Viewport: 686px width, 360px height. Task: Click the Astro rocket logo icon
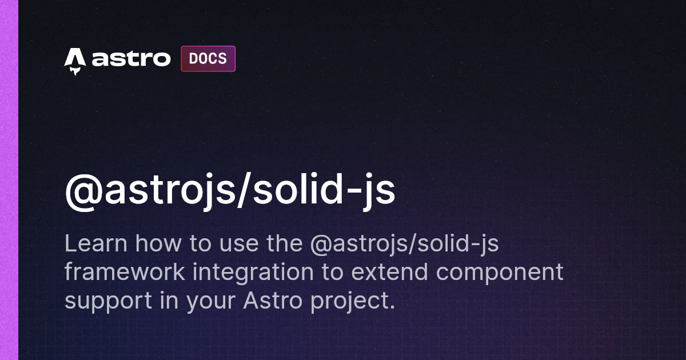(75, 61)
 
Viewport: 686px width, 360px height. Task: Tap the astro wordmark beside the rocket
(131, 59)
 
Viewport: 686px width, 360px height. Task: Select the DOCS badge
(208, 59)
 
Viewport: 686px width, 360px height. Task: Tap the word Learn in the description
(95, 244)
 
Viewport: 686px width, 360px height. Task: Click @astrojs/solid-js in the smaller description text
(404, 244)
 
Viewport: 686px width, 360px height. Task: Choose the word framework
(125, 273)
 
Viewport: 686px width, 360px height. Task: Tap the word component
(500, 273)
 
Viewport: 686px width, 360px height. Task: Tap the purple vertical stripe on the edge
(9, 180)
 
